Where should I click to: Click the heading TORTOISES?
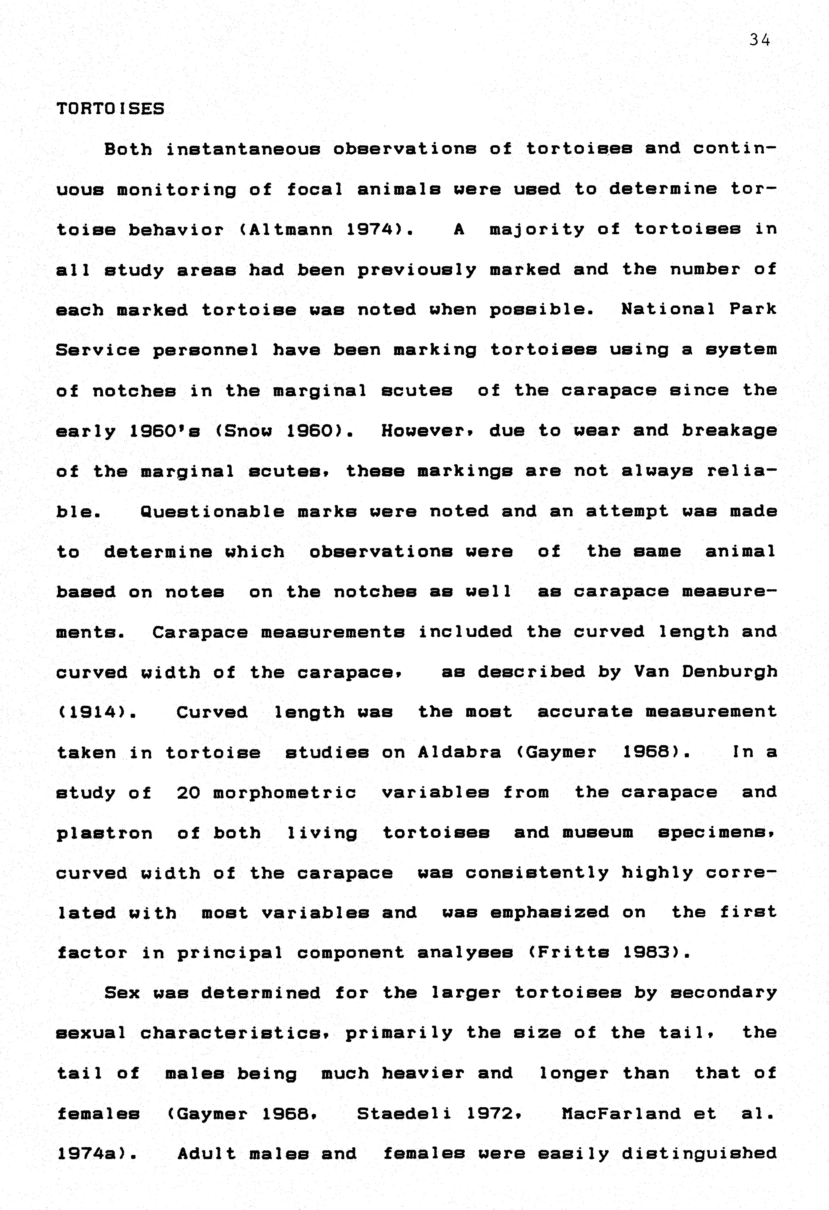tap(110, 109)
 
